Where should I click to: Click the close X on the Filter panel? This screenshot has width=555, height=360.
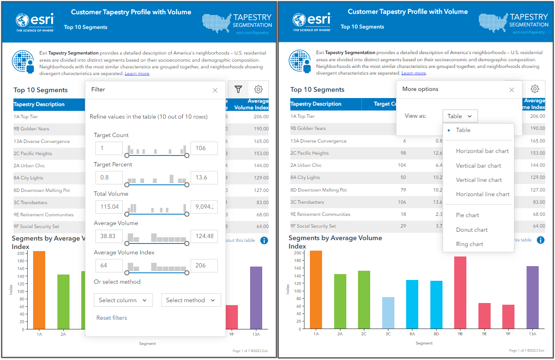point(215,90)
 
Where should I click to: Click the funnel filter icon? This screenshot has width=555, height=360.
point(238,89)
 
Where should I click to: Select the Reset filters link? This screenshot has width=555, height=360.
point(111,318)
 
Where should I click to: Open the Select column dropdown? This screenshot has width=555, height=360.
point(123,300)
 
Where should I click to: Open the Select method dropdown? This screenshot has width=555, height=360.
point(191,300)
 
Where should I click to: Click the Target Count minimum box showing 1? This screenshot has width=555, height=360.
point(109,148)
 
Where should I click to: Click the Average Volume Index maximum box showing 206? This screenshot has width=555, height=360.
point(204,265)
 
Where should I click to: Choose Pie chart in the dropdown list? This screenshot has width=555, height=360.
point(467,215)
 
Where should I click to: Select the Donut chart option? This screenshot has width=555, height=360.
point(472,230)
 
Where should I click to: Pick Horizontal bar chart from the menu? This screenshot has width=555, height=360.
point(482,151)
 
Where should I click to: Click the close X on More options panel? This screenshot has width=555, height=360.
point(511,90)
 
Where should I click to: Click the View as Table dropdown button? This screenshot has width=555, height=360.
point(459,116)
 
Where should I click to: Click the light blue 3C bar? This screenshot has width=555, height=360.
point(388,312)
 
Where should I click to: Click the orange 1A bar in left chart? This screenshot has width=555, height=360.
point(39,289)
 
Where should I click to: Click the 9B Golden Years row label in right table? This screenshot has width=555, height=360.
point(308,128)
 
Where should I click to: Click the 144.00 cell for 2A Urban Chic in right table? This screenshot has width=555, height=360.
point(537,165)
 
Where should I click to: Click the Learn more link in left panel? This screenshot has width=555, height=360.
point(137,73)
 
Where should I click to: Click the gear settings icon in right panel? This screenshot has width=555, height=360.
point(534,89)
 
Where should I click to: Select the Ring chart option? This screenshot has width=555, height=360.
point(470,244)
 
